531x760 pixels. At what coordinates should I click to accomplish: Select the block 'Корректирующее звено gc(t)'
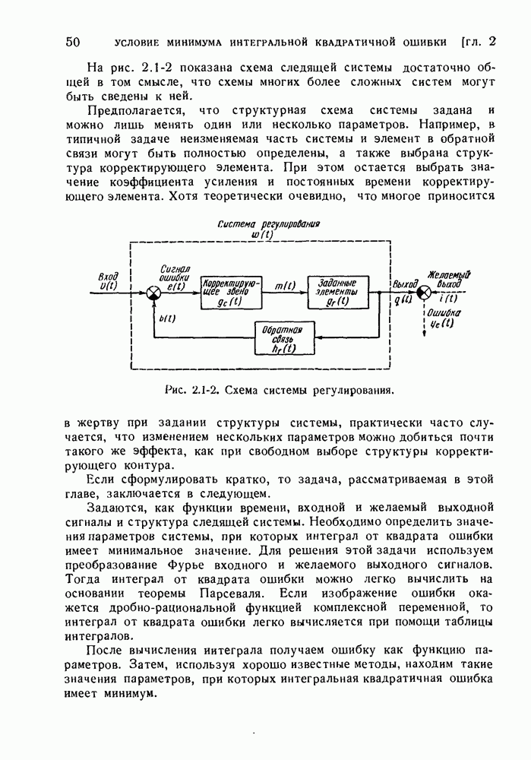pyautogui.click(x=231, y=293)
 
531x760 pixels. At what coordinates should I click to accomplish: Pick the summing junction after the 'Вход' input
pyautogui.click(x=153, y=293)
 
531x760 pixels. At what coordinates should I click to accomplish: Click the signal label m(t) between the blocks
pyautogui.click(x=284, y=285)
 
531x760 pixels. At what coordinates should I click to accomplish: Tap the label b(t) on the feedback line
pyautogui.click(x=167, y=319)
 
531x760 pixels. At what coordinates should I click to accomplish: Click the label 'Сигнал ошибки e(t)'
pyautogui.click(x=175, y=277)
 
